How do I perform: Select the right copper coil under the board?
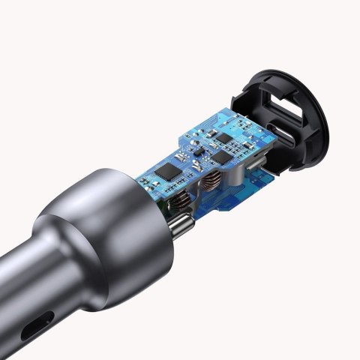coord(213,182)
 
